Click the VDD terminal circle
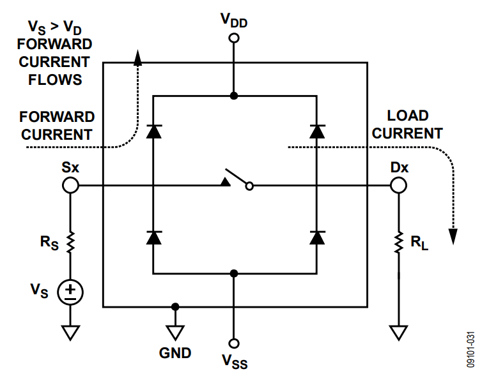tap(235, 38)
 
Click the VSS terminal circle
tap(235, 343)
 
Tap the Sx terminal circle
tap(70, 185)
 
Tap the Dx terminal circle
tap(399, 185)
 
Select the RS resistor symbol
tap(70, 242)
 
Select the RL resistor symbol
tap(399, 241)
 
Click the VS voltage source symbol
tap(70, 292)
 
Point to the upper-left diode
tap(153, 132)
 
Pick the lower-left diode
tap(153, 237)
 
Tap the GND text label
tap(175, 352)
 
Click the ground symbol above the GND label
tap(175, 332)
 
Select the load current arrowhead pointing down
tap(453, 236)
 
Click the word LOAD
tap(408, 116)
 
